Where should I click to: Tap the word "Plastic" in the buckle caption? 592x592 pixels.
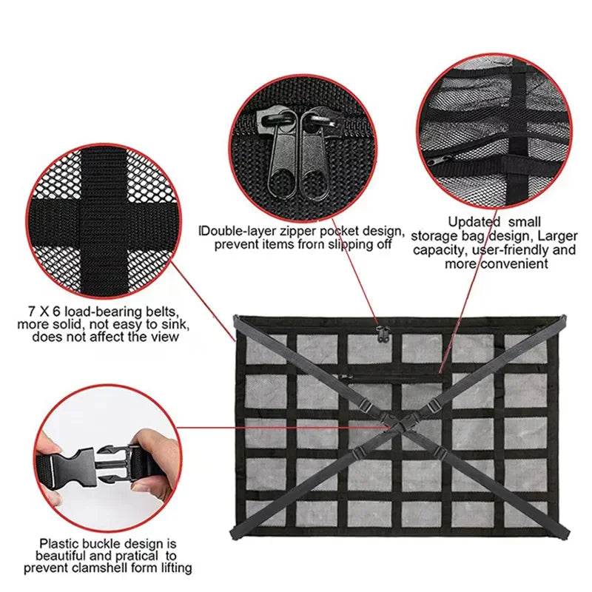62,542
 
